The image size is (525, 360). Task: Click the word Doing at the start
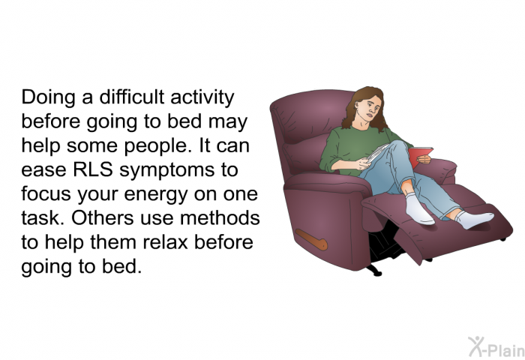(x=48, y=98)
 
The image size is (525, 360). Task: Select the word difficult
(x=131, y=97)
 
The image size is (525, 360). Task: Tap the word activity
(x=202, y=98)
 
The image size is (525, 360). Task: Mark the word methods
(x=220, y=217)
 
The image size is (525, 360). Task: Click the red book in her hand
(x=419, y=156)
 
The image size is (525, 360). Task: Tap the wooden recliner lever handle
(x=311, y=239)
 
